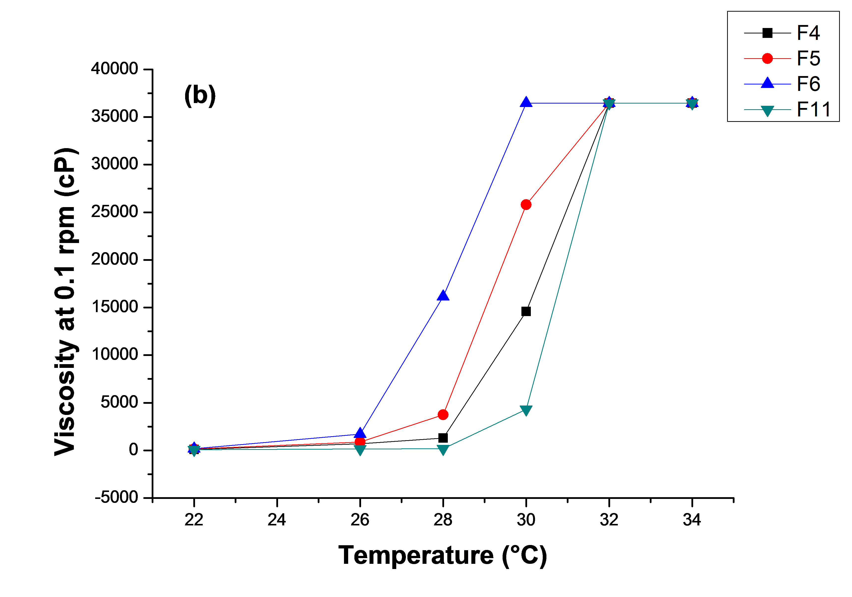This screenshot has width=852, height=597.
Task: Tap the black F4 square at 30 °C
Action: pyautogui.click(x=526, y=311)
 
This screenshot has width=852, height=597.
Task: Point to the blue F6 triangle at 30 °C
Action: pyautogui.click(x=526, y=102)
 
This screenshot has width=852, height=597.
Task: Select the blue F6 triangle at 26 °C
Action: pyautogui.click(x=360, y=433)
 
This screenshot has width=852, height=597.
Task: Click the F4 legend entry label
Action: pyautogui.click(x=808, y=33)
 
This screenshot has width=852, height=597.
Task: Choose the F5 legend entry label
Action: pyautogui.click(x=808, y=59)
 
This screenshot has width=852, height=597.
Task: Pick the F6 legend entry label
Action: pyautogui.click(x=808, y=84)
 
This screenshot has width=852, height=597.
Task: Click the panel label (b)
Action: pyautogui.click(x=200, y=95)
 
